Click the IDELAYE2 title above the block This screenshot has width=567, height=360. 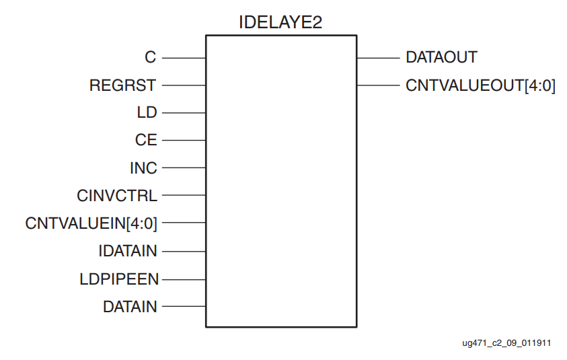click(280, 22)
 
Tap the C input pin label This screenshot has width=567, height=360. click(151, 58)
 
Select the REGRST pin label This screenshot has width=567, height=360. click(123, 85)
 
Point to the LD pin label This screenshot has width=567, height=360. click(147, 113)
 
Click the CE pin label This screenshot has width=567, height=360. click(146, 141)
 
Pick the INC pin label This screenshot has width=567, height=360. click(143, 168)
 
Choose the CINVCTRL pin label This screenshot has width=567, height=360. click(117, 196)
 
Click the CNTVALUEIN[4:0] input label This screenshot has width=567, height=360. click(91, 223)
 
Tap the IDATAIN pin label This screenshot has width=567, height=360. click(128, 251)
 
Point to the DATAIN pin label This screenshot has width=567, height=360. click(130, 307)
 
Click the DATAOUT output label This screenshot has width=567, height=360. click(441, 58)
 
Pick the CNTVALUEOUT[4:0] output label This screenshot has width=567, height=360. click(480, 85)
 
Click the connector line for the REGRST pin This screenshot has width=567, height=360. click(184, 85)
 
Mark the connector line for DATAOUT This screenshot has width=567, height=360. click(377, 58)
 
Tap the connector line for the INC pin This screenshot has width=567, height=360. click(184, 168)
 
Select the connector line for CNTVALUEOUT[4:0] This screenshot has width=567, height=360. click(377, 85)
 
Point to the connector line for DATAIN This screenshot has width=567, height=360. click(184, 307)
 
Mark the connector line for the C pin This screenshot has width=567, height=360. click(184, 58)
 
